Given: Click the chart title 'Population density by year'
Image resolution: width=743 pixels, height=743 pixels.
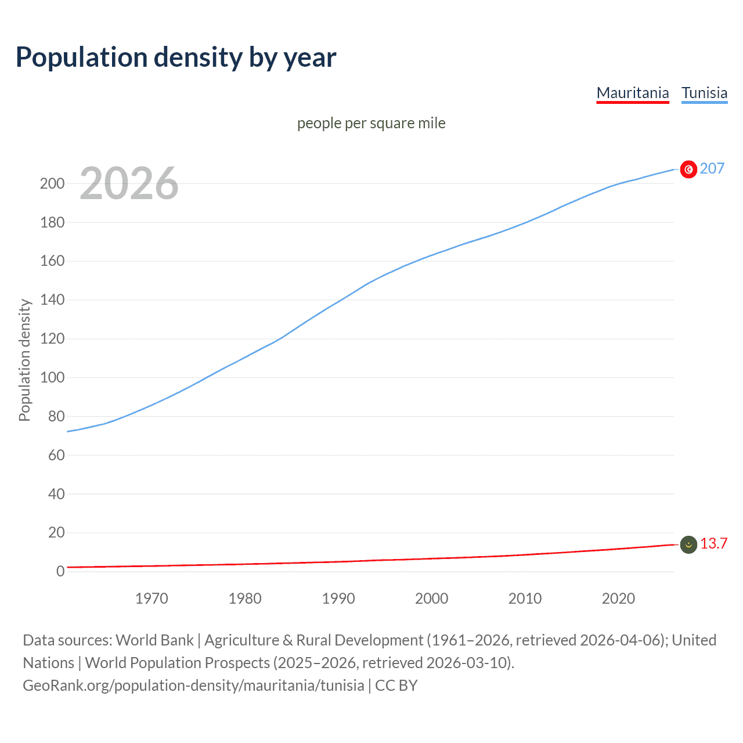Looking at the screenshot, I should [176, 57].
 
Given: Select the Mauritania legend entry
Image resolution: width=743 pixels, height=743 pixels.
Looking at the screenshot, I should [633, 93].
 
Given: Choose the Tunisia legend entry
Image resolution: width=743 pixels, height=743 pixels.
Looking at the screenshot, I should [704, 93].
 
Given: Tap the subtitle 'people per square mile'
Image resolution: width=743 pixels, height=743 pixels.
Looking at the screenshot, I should [371, 123].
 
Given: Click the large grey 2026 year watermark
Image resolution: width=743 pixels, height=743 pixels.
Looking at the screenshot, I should [129, 183].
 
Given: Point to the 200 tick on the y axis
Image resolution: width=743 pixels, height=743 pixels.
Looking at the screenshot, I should [52, 183].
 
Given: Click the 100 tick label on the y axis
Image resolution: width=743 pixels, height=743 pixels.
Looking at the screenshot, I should [52, 377].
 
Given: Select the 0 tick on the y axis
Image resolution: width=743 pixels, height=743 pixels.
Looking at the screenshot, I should [60, 571].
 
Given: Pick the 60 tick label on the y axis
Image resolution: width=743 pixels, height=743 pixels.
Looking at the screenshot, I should [56, 455].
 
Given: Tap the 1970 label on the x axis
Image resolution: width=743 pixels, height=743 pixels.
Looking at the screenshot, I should [152, 598].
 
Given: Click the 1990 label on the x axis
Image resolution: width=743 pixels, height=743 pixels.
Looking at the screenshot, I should [338, 598].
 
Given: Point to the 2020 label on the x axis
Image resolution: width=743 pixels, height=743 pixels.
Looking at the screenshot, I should [618, 598].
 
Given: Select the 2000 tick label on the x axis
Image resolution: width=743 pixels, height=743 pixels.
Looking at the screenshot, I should [432, 598].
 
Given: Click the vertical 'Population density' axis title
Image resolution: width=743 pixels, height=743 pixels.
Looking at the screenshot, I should [24, 360].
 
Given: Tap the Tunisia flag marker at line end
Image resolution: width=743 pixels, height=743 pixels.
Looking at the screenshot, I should [688, 169].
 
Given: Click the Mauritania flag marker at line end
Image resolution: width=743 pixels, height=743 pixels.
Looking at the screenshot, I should [688, 544].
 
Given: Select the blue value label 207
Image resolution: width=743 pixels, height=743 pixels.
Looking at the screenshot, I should [712, 168].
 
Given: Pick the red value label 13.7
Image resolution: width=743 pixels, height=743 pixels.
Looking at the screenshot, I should [713, 543].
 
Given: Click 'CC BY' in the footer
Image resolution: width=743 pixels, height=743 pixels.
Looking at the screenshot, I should [396, 686].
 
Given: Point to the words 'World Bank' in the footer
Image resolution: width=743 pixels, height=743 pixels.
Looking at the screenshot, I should [154, 640].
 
